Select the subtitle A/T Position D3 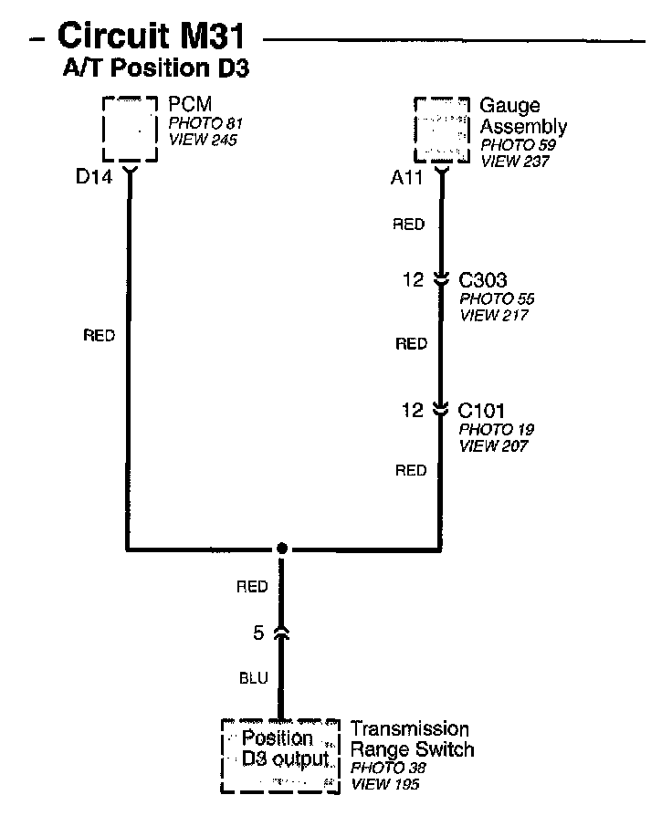156,68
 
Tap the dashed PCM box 129,128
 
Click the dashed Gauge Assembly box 442,128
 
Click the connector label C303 483,280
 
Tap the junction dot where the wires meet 282,549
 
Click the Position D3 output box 277,757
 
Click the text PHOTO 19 496,429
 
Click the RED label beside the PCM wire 99,336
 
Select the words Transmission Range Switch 412,739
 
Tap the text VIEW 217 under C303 494,316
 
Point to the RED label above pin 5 252,587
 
